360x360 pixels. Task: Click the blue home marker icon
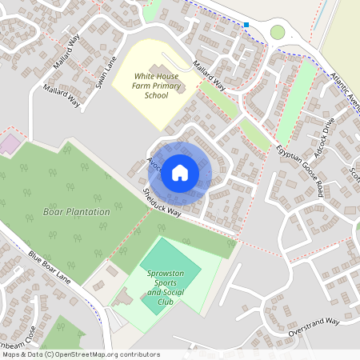click(x=180, y=172)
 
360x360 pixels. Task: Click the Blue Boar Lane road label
click(x=50, y=270)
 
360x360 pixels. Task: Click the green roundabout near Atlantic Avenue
click(x=278, y=32)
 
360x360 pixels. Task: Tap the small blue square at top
click(x=246, y=25)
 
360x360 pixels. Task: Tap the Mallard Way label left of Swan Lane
click(x=62, y=94)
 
